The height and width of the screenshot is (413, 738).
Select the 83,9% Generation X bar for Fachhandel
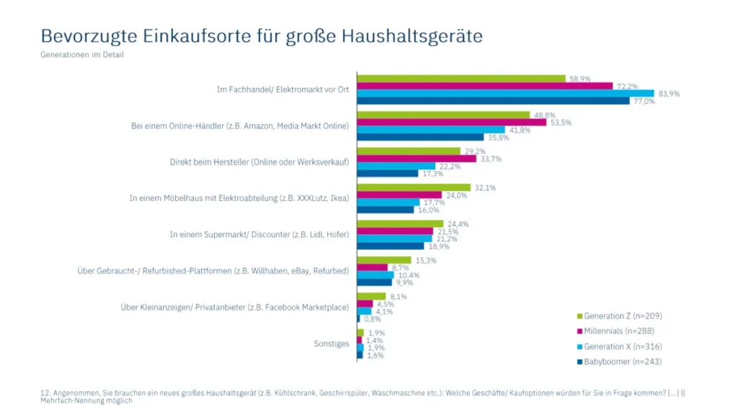tap(505, 93)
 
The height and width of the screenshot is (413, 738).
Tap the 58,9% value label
tap(581, 78)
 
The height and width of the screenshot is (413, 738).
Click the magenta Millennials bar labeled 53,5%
tap(452, 122)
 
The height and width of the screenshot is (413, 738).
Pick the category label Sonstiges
tap(331, 344)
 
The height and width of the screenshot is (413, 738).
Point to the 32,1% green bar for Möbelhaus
tap(414, 187)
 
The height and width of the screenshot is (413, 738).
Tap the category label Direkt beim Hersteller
tap(264, 161)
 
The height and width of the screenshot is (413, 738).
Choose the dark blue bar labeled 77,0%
tap(493, 101)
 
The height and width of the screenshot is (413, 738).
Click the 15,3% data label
tap(426, 260)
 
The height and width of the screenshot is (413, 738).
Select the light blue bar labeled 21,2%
tap(394, 239)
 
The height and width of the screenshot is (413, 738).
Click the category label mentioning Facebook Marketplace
tap(235, 307)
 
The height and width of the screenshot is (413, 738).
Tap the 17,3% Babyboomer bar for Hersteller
tap(387, 173)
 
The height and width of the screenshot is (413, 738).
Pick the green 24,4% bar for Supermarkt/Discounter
tap(400, 223)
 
